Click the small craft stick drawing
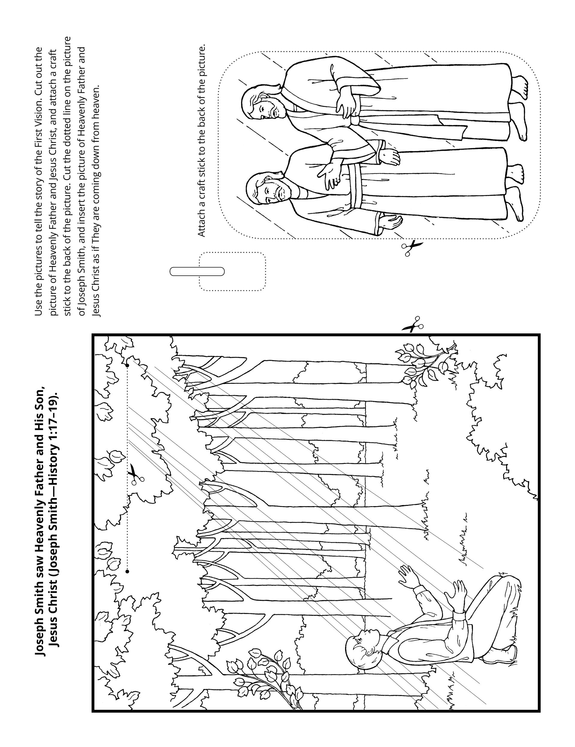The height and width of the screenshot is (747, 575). [197, 271]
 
